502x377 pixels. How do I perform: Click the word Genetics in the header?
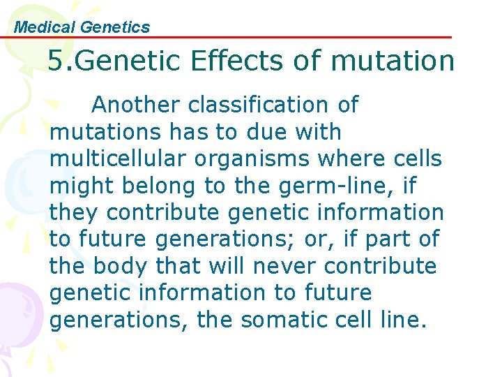[115, 27]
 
